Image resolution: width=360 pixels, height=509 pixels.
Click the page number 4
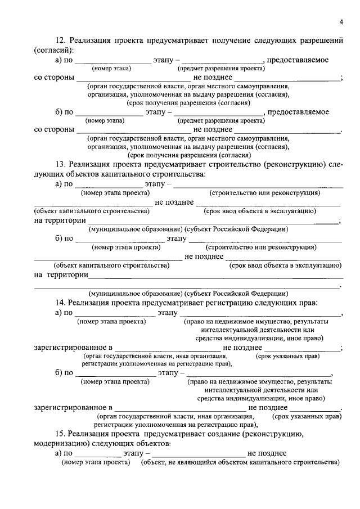340,22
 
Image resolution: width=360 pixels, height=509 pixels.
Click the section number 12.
60,42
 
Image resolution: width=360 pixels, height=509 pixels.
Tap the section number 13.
60,165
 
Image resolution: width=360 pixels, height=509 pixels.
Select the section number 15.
60,434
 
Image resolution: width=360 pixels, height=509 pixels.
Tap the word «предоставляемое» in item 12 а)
298,60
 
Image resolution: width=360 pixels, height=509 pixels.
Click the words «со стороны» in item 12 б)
54,130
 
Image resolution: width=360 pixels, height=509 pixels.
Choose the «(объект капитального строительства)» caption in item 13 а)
92,211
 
